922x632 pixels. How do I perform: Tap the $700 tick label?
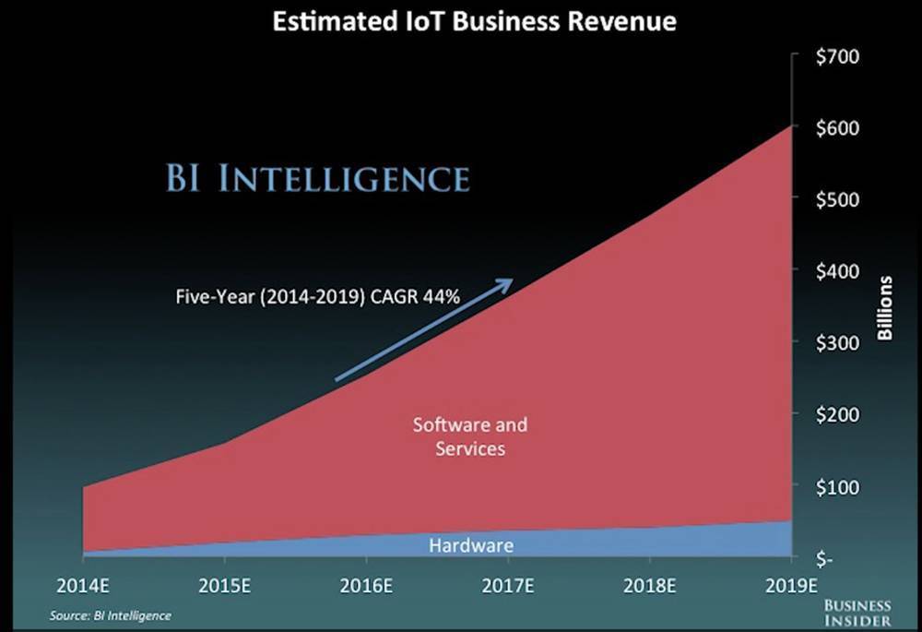coord(838,56)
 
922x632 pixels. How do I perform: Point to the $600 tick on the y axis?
coord(838,127)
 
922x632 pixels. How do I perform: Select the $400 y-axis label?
coord(838,271)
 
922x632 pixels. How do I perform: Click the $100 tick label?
coord(838,486)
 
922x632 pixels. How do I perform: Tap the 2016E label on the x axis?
coord(367,585)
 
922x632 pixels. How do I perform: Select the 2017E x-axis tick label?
coord(508,585)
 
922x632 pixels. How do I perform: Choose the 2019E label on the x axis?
coord(791,585)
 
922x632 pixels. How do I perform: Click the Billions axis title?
coord(885,307)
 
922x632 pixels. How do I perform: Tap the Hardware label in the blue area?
coord(470,546)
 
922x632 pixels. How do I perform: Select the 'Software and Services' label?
coord(470,436)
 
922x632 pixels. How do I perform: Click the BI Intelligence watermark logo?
coord(317,177)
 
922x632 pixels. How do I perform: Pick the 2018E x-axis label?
coord(649,585)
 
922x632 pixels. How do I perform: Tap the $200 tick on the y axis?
coord(838,414)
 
